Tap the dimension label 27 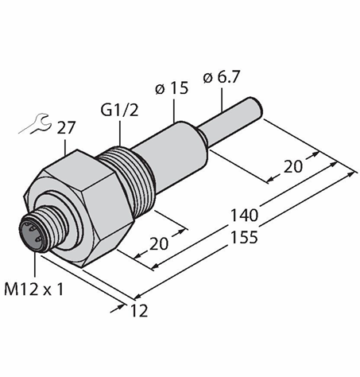coord(66,128)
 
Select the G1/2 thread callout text coord(119,110)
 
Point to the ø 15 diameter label coord(172,88)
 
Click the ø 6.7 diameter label coord(222,77)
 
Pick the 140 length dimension coord(244,215)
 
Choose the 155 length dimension coord(244,237)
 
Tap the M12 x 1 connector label coord(34,289)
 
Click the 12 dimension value coord(139,311)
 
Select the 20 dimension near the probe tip coord(292,167)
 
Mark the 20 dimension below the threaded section coord(159,243)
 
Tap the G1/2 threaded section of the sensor coord(126,176)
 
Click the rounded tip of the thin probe coord(258,107)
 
